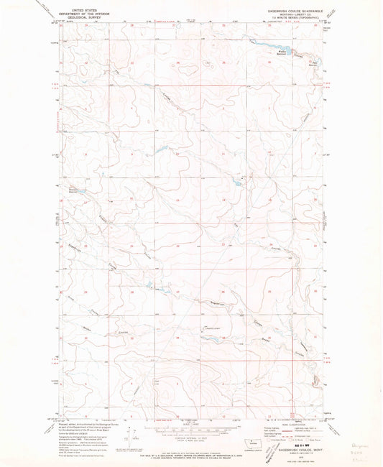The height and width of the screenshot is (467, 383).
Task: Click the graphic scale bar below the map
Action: [x=190, y=429]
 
